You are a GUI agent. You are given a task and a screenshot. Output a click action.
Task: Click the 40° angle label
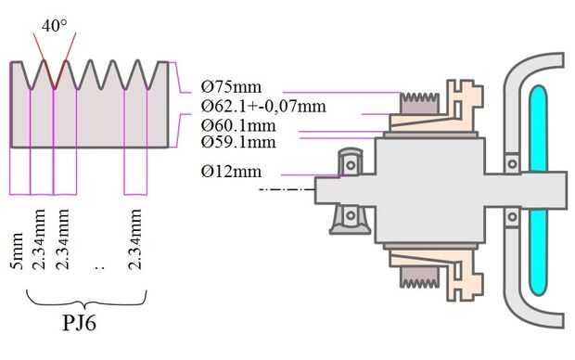pyautogui.click(x=55, y=26)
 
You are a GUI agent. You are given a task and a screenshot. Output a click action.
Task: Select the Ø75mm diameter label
pyautogui.click(x=232, y=87)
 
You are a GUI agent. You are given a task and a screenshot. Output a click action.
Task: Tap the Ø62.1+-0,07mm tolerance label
pyautogui.click(x=263, y=107)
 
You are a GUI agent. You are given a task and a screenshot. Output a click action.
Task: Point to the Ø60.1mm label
pyautogui.click(x=238, y=126)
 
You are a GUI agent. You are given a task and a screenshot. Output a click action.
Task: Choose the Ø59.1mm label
pyautogui.click(x=238, y=142)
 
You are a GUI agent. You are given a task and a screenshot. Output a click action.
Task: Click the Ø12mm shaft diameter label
pyautogui.click(x=232, y=172)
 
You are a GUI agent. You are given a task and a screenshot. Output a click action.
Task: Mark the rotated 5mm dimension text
pyautogui.click(x=17, y=251)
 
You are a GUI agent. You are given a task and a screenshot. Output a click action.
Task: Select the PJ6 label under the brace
pyautogui.click(x=79, y=323)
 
